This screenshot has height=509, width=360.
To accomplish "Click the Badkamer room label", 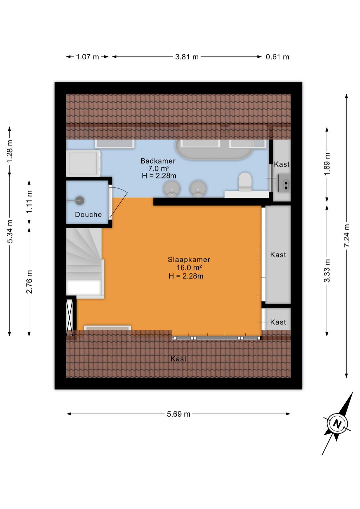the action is pyautogui.click(x=158, y=161).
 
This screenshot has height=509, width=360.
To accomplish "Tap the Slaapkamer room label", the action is pyautogui.click(x=189, y=260).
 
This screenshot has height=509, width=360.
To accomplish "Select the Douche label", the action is pyautogui.click(x=88, y=214).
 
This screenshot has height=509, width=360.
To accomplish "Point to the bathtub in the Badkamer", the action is pyautogui.click(x=214, y=149).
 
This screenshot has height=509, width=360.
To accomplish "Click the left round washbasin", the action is pyautogui.click(x=172, y=188).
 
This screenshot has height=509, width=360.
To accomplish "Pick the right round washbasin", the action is pyautogui.click(x=198, y=188).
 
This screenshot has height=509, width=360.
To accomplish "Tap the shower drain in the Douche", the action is pyautogui.click(x=80, y=200).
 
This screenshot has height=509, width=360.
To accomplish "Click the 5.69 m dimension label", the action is pyautogui.click(x=179, y=414).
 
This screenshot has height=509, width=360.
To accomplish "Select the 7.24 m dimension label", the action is pyautogui.click(x=346, y=235).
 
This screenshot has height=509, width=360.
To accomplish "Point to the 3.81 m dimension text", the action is pyautogui.click(x=187, y=57).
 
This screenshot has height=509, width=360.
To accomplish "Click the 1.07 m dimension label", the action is pyautogui.click(x=87, y=57).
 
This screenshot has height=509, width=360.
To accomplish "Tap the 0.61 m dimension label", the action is pyautogui.click(x=278, y=57).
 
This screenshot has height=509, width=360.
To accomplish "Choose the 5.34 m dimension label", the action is pyautogui.click(x=10, y=231).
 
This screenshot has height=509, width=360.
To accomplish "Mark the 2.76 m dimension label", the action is pyautogui.click(x=29, y=282).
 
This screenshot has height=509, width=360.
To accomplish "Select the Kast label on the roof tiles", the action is pyautogui.click(x=179, y=359).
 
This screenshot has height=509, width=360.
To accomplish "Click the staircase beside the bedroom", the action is pyautogui.click(x=85, y=263).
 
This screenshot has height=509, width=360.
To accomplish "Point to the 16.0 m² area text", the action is pyautogui.click(x=189, y=268).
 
